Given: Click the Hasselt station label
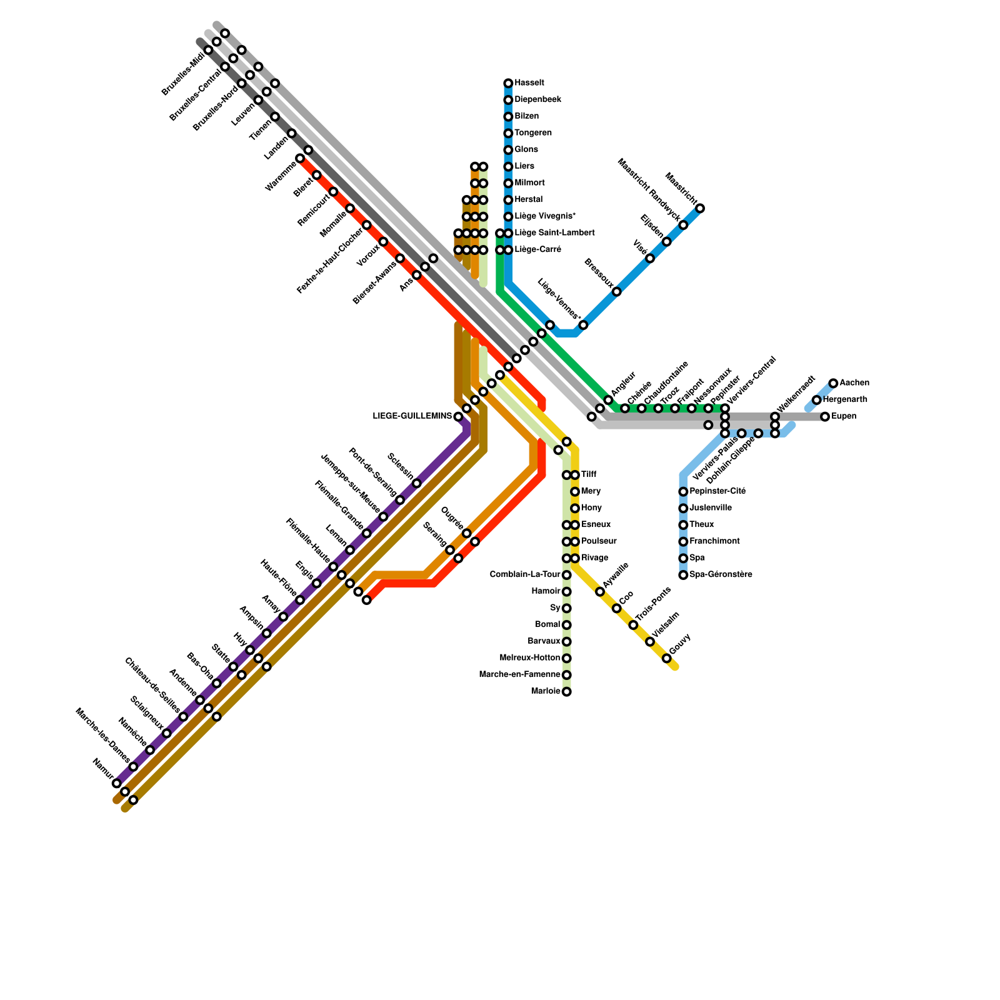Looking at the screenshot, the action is [x=529, y=83].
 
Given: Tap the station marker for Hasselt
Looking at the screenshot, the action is [x=509, y=83].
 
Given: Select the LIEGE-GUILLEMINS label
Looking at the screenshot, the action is [x=412, y=416].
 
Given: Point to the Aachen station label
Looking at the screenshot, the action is [x=854, y=383].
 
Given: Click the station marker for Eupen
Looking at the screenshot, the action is [x=825, y=417].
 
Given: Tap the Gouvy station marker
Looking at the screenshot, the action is [x=667, y=659].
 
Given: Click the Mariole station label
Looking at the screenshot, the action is [x=546, y=692].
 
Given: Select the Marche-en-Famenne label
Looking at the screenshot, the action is [x=519, y=675].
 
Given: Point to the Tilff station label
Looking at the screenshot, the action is [x=589, y=475].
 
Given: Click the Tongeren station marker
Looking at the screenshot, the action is [x=509, y=133].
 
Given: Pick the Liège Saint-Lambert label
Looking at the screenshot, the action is [x=554, y=233].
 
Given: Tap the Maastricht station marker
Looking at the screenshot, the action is [x=701, y=208].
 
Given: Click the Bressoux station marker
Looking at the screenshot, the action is [x=617, y=292].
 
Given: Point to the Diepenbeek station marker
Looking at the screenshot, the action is [x=509, y=100].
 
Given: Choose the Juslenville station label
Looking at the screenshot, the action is [x=711, y=508].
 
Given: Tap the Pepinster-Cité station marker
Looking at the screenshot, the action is [x=684, y=492].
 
